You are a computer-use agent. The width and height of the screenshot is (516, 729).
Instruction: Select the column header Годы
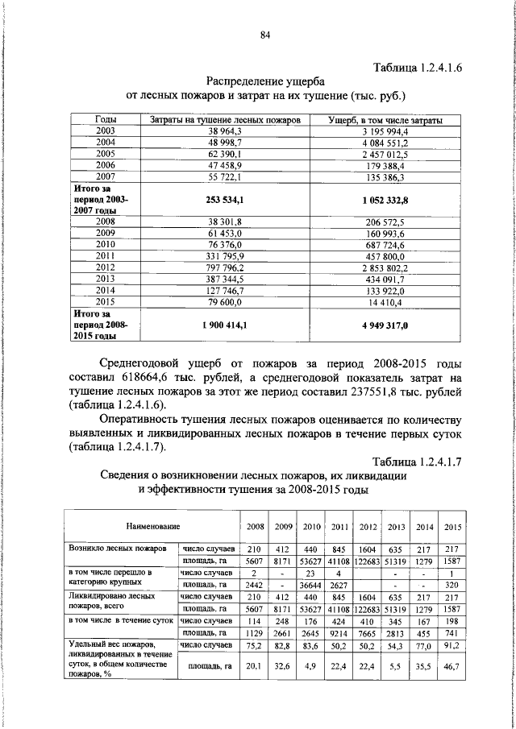click(x=106, y=119)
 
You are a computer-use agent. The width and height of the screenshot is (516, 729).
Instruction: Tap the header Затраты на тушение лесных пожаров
click(x=226, y=119)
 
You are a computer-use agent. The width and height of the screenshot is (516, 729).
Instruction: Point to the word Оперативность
click(x=150, y=420)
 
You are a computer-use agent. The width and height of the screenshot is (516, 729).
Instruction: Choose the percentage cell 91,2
click(x=452, y=645)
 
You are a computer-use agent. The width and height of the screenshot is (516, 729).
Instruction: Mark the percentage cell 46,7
click(x=452, y=667)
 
